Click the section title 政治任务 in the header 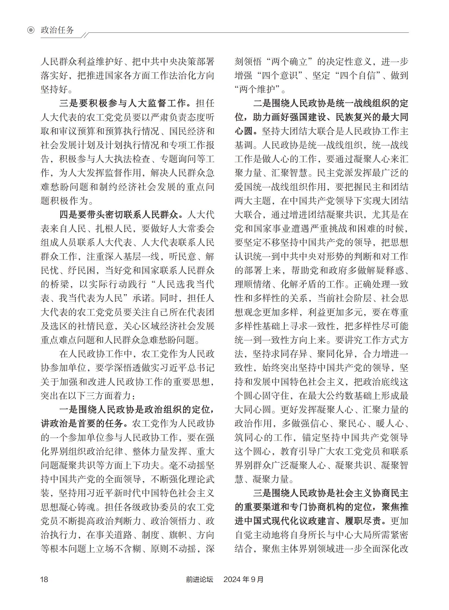click(x=57, y=30)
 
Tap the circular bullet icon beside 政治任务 click(x=31, y=30)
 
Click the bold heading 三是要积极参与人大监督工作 click(x=123, y=103)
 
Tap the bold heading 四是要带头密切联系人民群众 click(x=118, y=214)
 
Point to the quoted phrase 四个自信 click(x=359, y=76)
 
